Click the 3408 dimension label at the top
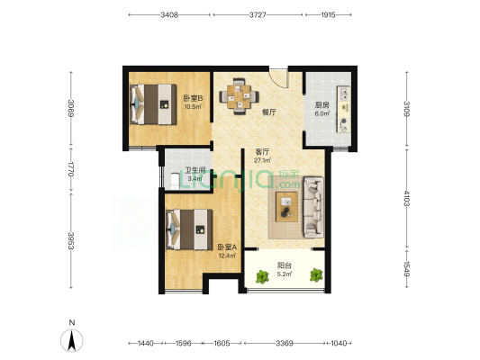coord(169,14)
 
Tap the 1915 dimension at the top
coord(328,14)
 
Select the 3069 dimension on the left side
coord(71,108)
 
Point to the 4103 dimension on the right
coord(406,198)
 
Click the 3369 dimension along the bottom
coord(285,343)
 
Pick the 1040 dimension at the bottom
coord(339,343)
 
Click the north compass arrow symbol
coord(72,340)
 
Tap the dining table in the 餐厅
coord(239,96)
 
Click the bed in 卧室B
coord(153,104)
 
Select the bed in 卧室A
coord(189,229)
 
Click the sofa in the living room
coord(313,207)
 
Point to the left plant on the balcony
coord(262,276)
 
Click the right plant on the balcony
coord(316,275)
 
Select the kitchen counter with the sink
coord(343,109)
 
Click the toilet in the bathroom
coord(175,182)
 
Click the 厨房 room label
coord(322,105)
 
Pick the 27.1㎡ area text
coord(262,160)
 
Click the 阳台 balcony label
coord(284,265)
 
